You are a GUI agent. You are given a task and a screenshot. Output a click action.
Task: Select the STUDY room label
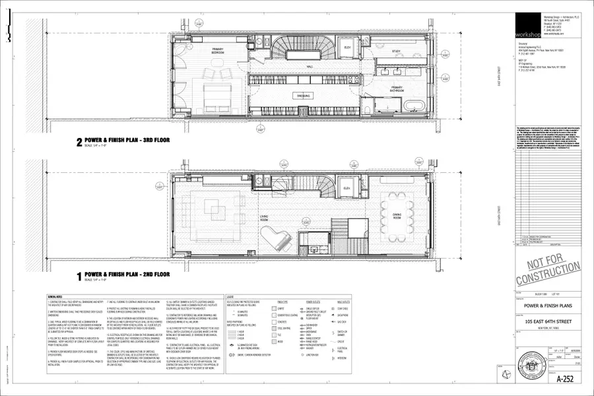[397, 51]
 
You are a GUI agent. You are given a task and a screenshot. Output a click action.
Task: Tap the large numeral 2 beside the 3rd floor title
[79, 141]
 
